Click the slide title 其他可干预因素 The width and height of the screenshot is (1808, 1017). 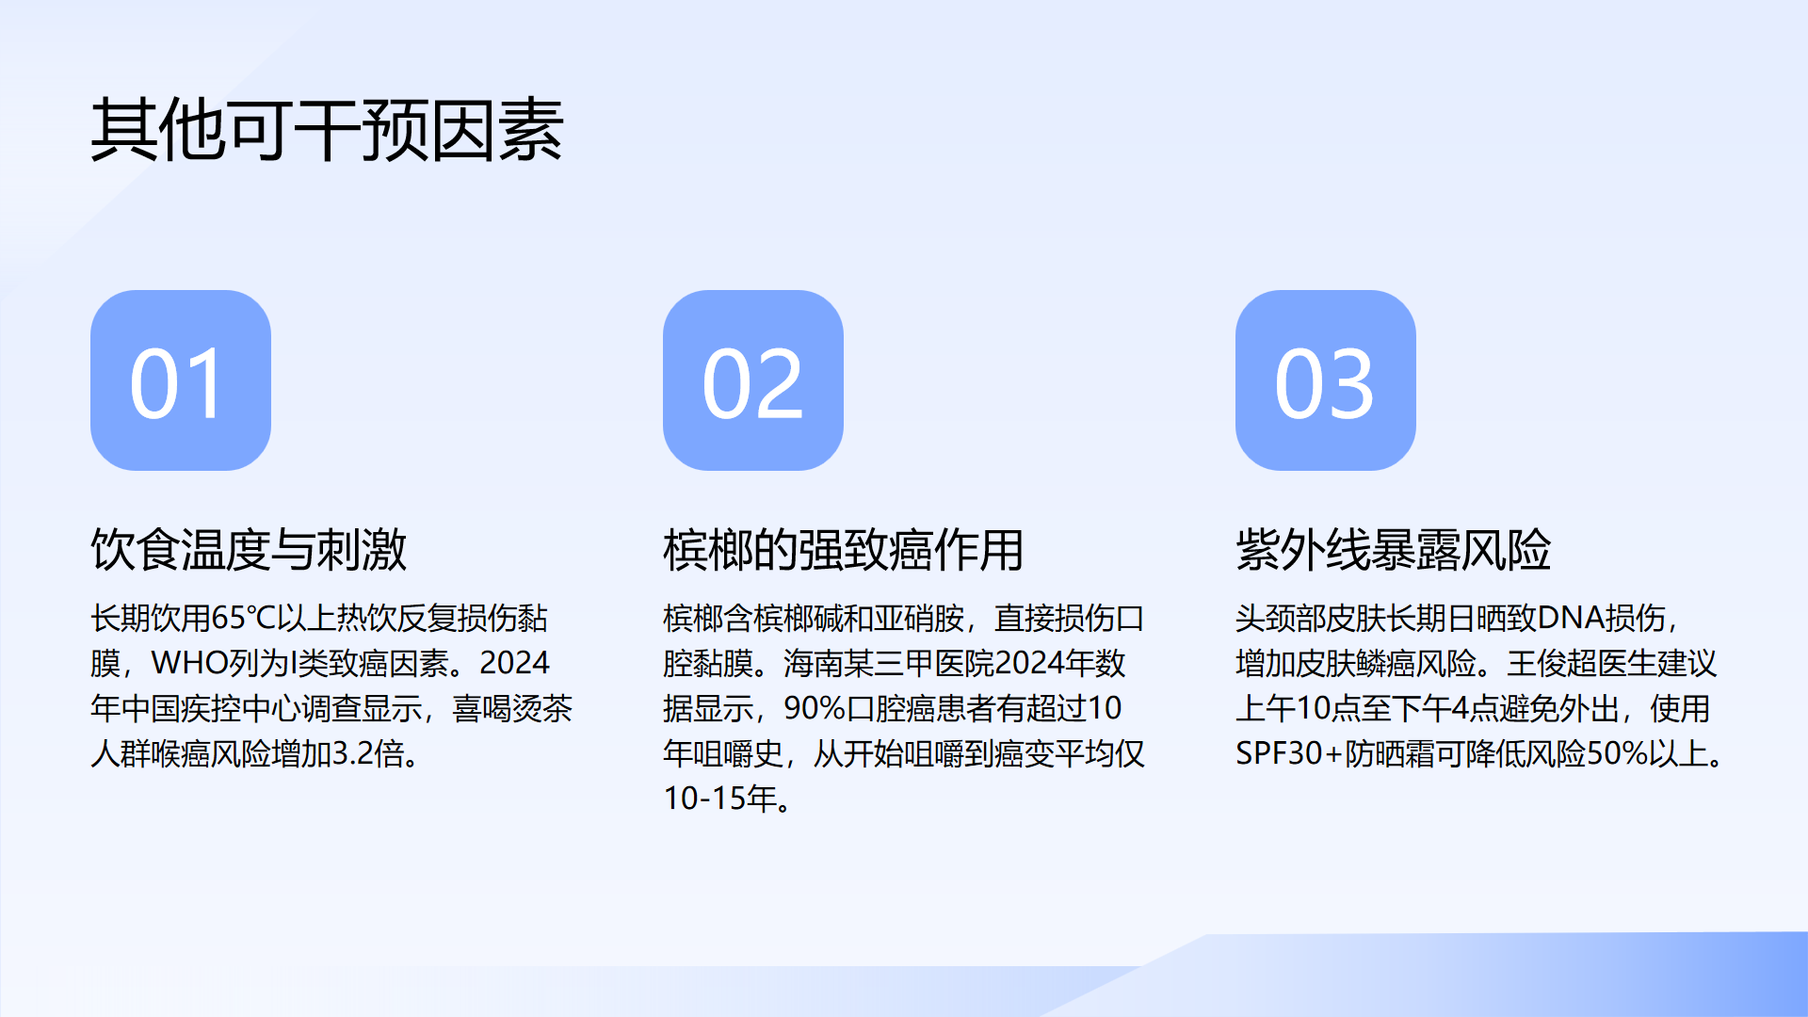327,130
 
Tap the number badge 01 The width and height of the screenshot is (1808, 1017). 181,380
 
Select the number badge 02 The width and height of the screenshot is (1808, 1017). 753,380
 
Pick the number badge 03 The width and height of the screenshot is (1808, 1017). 1326,380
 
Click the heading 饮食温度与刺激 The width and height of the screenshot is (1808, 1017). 249,550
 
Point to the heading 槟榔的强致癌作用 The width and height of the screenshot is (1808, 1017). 843,550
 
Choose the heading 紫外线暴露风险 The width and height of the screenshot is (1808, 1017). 1394,550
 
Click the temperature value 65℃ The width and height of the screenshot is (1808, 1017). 244,619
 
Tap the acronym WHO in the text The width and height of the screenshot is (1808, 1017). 189,664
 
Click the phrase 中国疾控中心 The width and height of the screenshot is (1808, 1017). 211,709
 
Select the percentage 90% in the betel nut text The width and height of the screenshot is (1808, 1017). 815,709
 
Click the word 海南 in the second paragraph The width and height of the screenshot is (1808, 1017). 814,664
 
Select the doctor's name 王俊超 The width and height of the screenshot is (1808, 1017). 1552,664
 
